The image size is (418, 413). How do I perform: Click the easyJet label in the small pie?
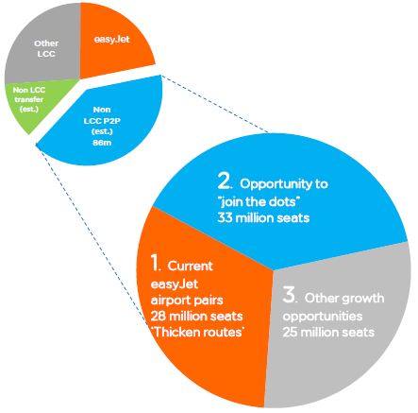pos(111,40)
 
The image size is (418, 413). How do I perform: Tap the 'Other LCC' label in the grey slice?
pos(46,48)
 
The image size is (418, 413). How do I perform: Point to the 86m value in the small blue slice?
pos(102,143)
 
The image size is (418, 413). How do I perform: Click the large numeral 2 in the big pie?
pos(225,181)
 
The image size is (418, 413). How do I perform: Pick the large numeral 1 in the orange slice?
pos(156,262)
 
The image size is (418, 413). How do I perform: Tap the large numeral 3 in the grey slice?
pos(289,295)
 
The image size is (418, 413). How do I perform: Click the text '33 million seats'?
pos(263,217)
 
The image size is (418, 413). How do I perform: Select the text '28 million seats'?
pos(196,316)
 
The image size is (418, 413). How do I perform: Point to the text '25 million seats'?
pos(328,332)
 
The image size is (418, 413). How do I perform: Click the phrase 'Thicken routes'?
pos(197,332)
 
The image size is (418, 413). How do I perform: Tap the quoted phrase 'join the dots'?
pos(259,201)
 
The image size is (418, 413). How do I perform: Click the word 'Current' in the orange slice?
pos(191,266)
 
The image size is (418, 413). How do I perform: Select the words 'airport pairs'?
pos(187,301)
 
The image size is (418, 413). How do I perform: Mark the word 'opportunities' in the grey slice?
pos(323,317)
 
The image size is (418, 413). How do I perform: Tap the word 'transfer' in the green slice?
pos(28,99)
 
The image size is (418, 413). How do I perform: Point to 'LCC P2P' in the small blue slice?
pos(102,121)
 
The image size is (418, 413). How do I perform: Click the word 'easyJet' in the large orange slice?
pos(175,284)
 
